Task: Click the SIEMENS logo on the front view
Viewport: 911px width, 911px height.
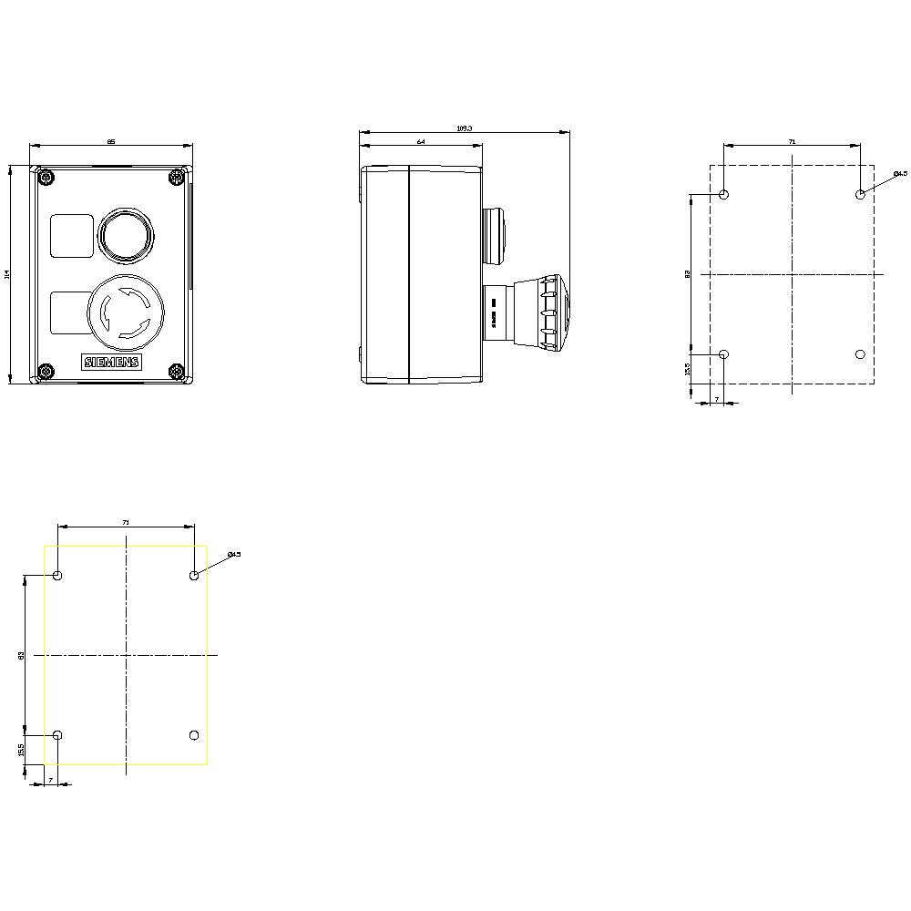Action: click(113, 363)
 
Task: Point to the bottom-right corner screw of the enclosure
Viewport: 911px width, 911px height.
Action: click(177, 372)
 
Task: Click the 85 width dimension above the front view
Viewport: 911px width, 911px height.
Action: click(111, 141)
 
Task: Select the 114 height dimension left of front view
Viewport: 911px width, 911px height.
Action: click(6, 273)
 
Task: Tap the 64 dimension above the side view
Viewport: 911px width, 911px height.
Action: click(421, 142)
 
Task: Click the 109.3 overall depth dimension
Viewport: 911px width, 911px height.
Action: click(464, 128)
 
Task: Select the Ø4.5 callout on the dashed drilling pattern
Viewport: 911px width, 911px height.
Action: click(899, 173)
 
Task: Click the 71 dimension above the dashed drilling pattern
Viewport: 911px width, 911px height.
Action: click(792, 141)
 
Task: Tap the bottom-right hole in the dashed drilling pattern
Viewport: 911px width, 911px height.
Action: click(861, 354)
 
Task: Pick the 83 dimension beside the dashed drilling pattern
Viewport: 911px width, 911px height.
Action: click(689, 273)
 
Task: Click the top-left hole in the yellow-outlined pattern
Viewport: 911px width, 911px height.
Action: click(58, 576)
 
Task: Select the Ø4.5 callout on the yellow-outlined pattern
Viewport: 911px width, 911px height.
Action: click(233, 554)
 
